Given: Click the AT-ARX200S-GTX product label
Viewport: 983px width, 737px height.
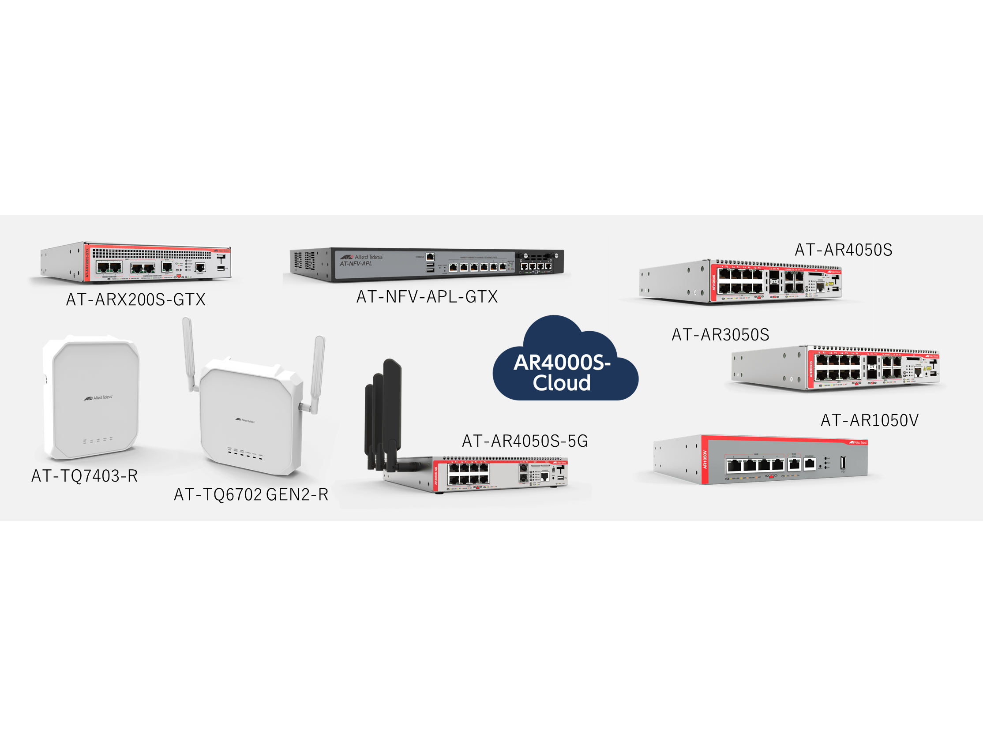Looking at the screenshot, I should (x=135, y=299).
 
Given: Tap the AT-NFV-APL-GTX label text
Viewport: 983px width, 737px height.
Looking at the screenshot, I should (x=427, y=296).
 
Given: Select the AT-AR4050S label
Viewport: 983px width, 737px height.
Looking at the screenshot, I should (x=843, y=250).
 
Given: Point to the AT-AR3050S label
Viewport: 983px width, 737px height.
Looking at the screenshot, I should (x=720, y=334).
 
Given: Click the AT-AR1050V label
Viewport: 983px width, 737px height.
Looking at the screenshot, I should (x=869, y=420).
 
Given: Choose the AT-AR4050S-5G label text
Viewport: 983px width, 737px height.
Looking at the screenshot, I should (x=525, y=441).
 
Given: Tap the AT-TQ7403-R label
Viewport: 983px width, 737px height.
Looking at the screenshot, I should (x=84, y=476).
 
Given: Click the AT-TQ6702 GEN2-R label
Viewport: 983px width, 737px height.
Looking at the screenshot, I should (x=251, y=494).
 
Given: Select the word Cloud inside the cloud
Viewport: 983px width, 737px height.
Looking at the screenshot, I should (x=562, y=383).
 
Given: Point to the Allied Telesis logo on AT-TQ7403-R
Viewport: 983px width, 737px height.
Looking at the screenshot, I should (x=98, y=397).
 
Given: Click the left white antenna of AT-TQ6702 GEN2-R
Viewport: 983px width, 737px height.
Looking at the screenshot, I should (x=189, y=353).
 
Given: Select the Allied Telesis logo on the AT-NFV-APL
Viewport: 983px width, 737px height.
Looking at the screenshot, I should (x=361, y=257).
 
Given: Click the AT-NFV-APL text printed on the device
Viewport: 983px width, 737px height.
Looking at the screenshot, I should (x=356, y=264).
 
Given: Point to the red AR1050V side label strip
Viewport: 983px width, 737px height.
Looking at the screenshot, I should (x=705, y=460).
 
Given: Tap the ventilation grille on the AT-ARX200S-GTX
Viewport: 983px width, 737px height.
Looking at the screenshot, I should (x=151, y=254).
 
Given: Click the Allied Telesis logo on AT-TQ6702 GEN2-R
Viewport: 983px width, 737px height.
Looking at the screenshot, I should (x=245, y=420).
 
